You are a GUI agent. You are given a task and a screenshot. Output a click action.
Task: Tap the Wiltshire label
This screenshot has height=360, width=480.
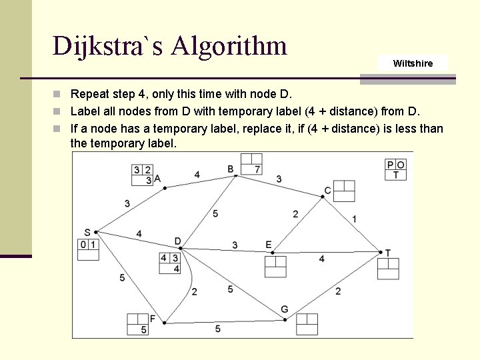[413, 63]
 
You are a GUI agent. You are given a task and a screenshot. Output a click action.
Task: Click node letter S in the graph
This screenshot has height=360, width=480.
[87, 232]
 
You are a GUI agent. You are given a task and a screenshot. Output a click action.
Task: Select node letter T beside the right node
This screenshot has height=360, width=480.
[388, 253]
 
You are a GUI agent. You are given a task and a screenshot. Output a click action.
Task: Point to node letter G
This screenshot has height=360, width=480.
[284, 309]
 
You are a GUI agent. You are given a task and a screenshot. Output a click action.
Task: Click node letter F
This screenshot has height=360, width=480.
[153, 319]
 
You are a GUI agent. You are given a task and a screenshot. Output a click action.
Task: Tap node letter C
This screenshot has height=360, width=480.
[327, 191]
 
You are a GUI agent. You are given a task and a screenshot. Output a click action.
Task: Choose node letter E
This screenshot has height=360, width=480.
[269, 245]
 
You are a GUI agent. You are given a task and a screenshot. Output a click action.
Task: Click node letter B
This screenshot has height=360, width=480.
[231, 169]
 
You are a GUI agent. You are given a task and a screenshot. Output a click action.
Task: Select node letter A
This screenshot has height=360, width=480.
[157, 179]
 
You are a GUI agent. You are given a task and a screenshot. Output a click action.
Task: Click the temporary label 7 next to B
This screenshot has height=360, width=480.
[257, 169]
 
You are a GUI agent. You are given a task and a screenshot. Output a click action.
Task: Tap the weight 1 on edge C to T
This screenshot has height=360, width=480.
[354, 219]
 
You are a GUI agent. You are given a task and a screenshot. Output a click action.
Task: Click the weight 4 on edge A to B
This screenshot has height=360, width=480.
[197, 175]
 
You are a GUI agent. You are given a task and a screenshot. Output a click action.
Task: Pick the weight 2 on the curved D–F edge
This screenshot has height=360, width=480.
[194, 291]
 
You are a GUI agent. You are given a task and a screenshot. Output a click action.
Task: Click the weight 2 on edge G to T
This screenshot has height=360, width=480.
[338, 291]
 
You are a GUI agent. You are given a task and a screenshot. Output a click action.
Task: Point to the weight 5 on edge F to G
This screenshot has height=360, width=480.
[217, 329]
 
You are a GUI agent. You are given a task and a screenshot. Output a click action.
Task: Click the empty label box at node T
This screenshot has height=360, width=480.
[388, 268]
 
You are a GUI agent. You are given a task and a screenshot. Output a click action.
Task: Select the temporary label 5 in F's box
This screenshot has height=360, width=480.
[143, 330]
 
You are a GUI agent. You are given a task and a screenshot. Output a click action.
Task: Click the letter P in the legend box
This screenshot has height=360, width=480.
[391, 165]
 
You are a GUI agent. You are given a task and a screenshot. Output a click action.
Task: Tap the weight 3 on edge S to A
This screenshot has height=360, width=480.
[127, 203]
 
